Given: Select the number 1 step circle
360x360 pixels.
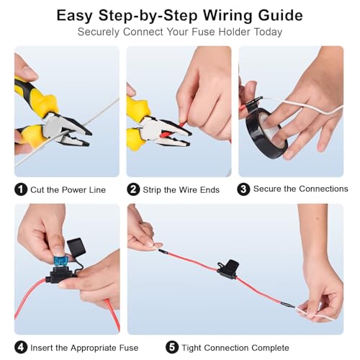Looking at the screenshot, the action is pos(21,189).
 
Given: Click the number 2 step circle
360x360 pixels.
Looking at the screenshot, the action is pos(133,189).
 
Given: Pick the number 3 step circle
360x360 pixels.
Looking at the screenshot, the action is pos(243,189).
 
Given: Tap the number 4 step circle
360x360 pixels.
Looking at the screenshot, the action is pos(21,348).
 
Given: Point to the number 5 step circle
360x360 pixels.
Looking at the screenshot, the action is pos(172,348).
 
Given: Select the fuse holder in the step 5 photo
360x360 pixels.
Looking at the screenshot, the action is pos(228,269).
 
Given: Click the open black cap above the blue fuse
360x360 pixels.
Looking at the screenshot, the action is pos(76,246).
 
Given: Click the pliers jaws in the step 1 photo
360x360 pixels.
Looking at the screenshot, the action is pos(70,131).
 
